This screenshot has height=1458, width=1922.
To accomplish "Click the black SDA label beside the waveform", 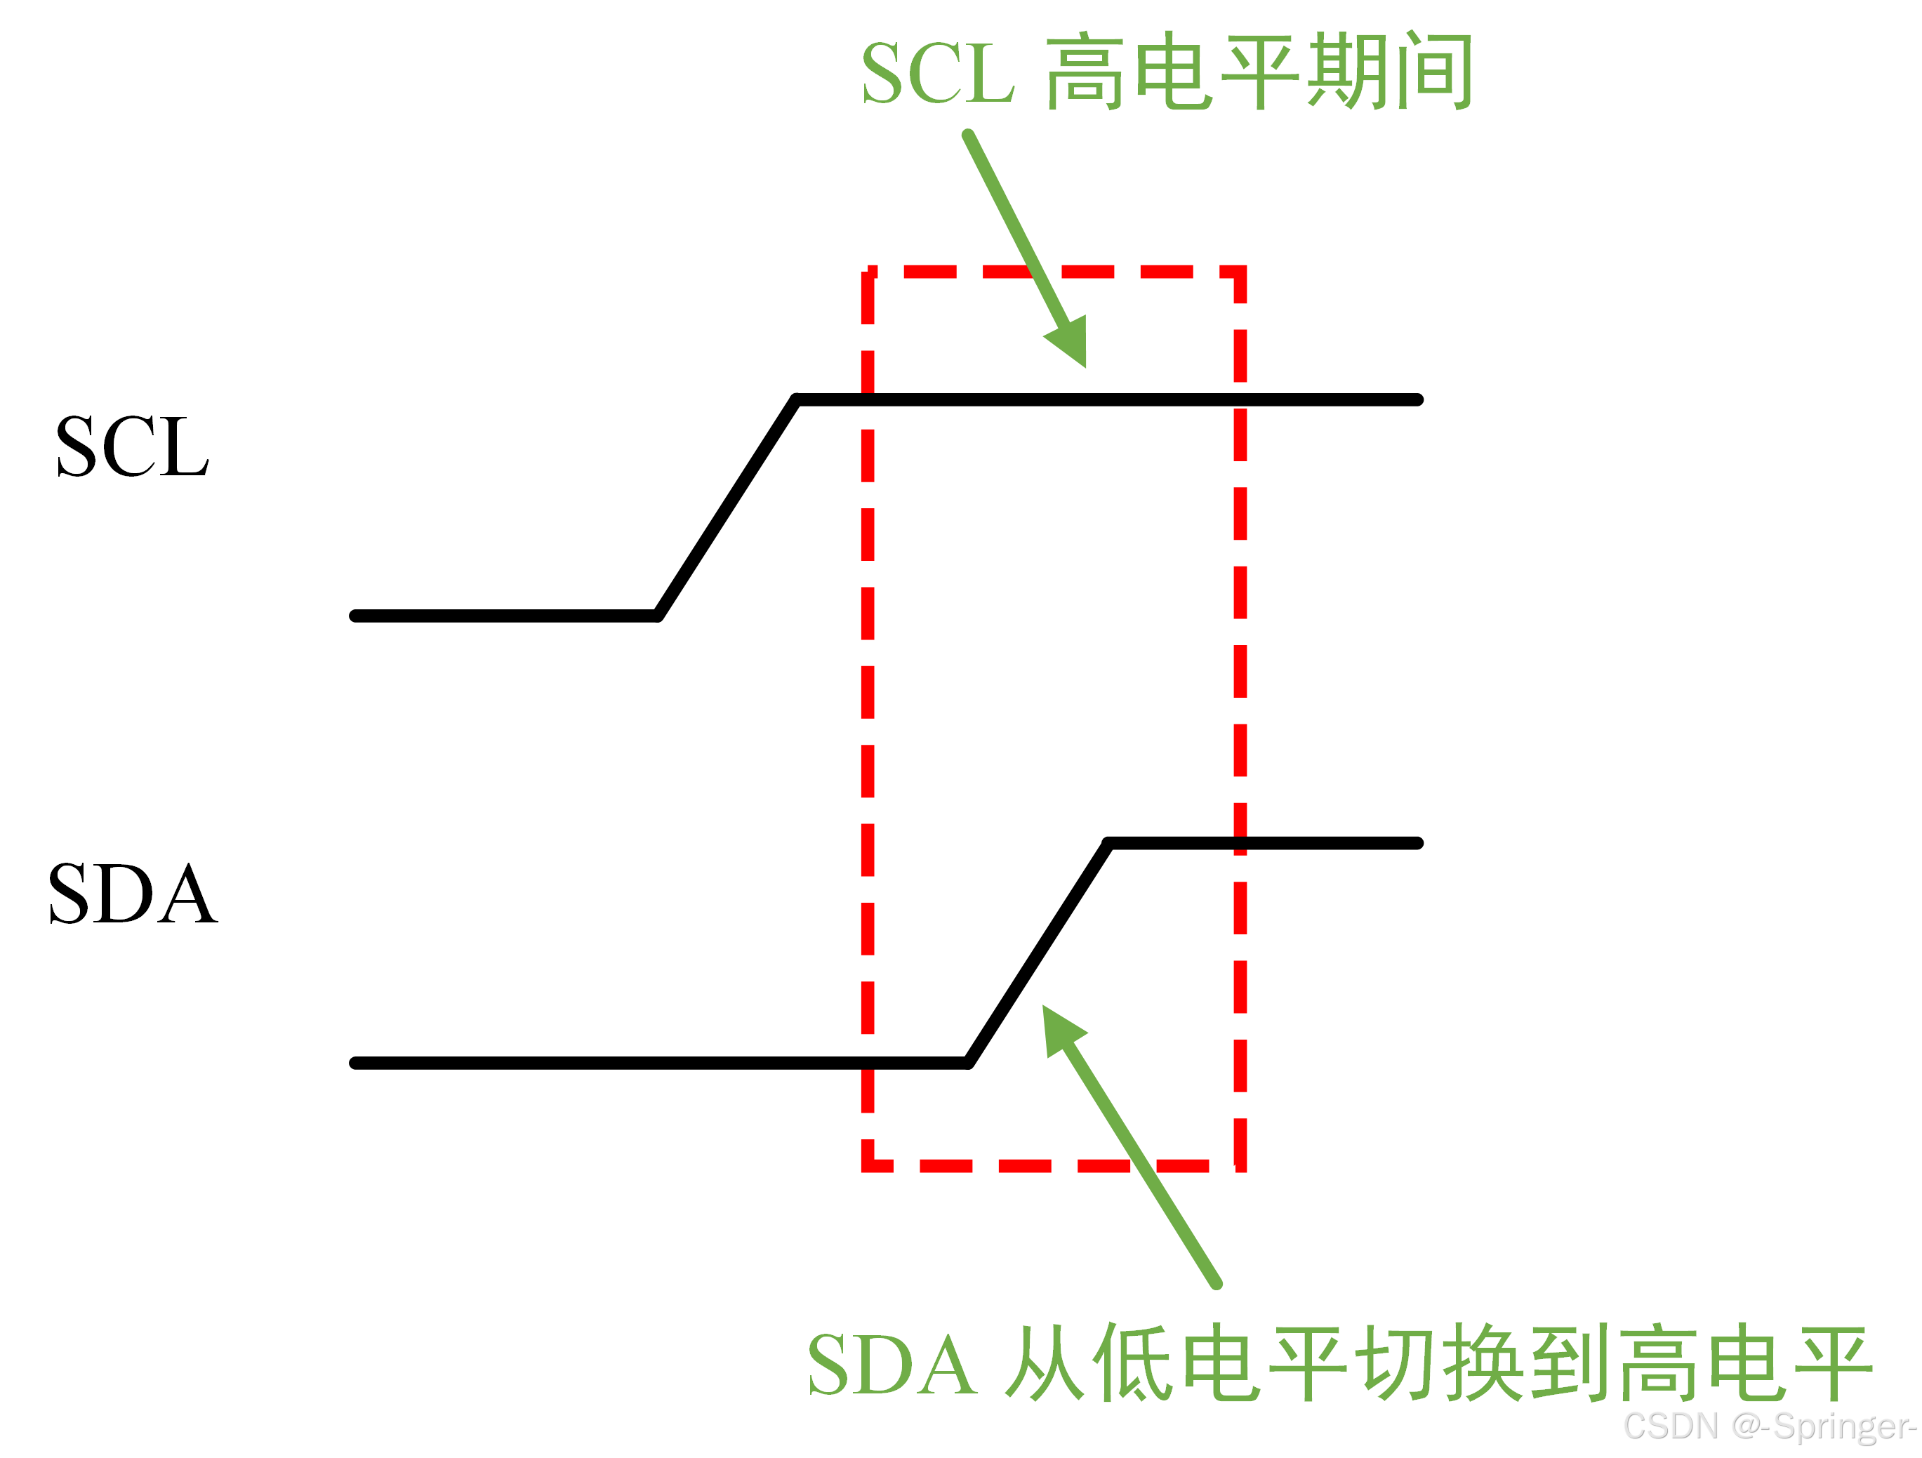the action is point(132,894).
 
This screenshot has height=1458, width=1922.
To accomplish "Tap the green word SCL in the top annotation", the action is point(936,73).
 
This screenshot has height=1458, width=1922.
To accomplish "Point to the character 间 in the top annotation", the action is point(1430,71).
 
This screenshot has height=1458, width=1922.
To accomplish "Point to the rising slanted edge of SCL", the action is point(727,508).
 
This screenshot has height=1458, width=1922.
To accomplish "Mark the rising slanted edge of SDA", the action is point(1038,953).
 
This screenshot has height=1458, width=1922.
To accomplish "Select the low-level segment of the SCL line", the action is point(504,616).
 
